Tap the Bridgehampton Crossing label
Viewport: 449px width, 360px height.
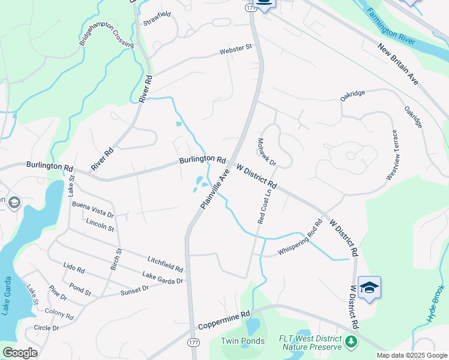(x=106, y=35)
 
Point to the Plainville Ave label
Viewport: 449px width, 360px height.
(x=215, y=188)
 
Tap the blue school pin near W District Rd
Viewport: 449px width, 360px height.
(x=369, y=287)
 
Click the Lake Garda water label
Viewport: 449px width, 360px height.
(x=8, y=296)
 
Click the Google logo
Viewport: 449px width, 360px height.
(x=20, y=353)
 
